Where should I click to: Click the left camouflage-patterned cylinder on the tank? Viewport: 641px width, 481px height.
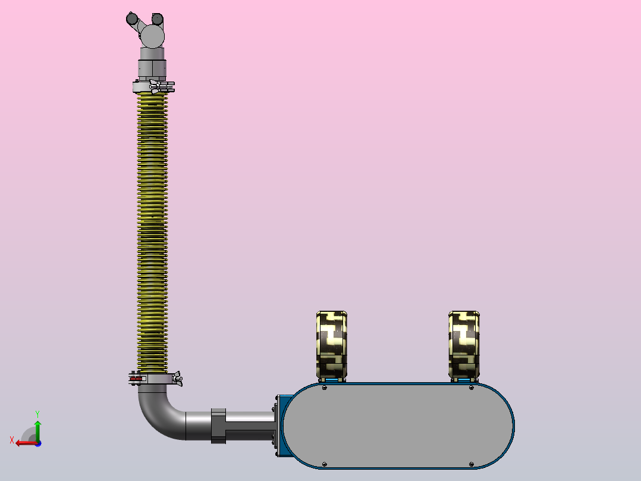click(332, 345)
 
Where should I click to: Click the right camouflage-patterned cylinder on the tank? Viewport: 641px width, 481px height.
click(464, 345)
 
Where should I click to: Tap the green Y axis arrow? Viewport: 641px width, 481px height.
click(37, 430)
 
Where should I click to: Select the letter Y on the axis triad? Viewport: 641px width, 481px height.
click(37, 414)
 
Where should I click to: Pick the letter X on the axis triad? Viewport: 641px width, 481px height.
click(12, 440)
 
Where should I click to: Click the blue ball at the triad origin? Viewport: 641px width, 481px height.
click(38, 443)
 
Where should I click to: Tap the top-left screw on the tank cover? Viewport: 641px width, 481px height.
click(325, 388)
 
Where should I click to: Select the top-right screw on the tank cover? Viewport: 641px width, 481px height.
click(472, 388)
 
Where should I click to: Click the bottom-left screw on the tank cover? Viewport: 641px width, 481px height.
click(325, 464)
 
